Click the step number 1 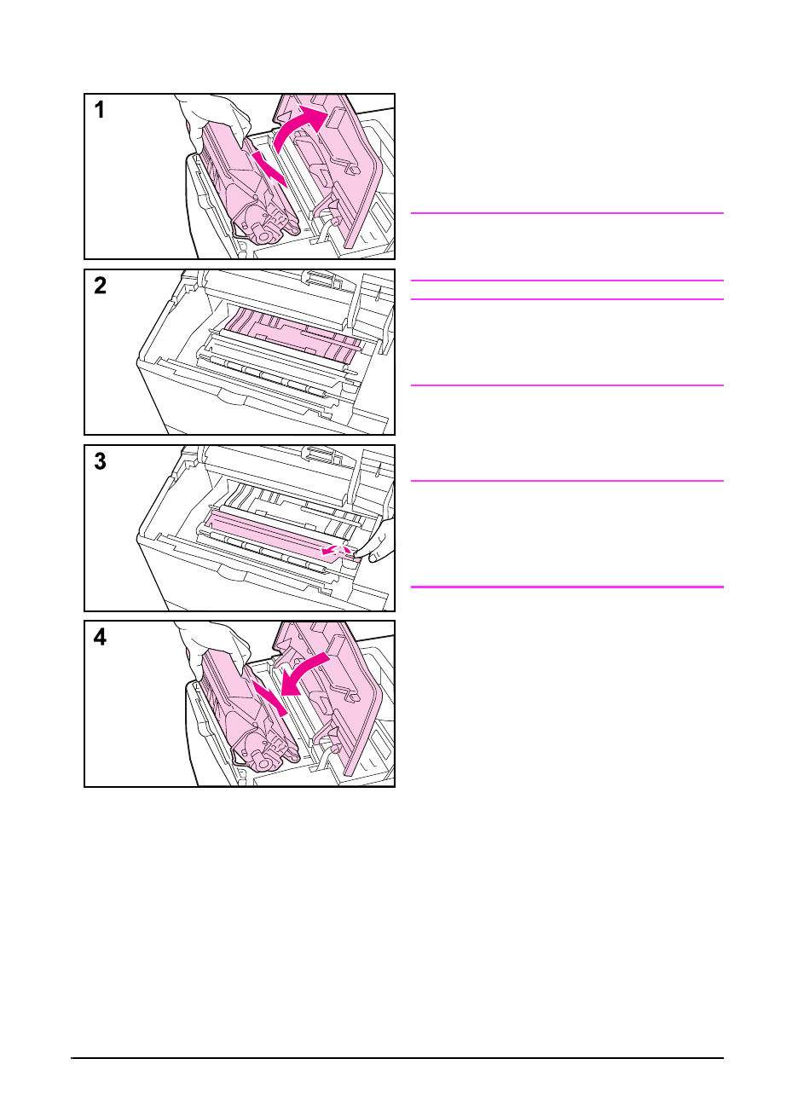[x=100, y=109]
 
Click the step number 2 [x=100, y=286]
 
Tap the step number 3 [x=100, y=461]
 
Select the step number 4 [x=100, y=637]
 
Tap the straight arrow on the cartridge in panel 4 [x=269, y=697]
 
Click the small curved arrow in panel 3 [x=335, y=549]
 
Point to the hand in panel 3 [x=379, y=541]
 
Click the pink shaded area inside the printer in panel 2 [x=292, y=335]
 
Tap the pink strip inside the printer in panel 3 [x=281, y=535]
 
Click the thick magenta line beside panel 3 [x=567, y=587]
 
